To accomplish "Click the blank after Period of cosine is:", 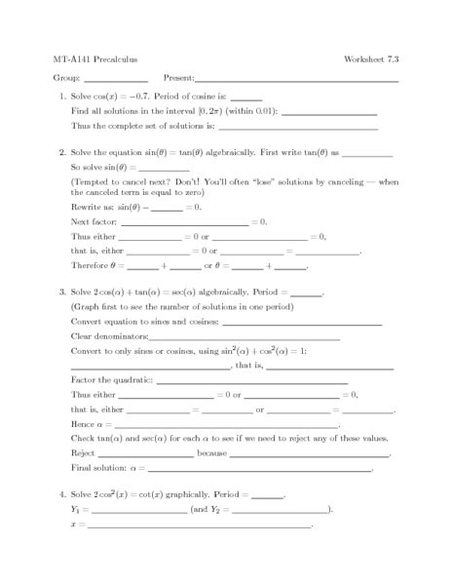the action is (246, 99).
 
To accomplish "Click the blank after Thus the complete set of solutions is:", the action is (298, 128).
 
